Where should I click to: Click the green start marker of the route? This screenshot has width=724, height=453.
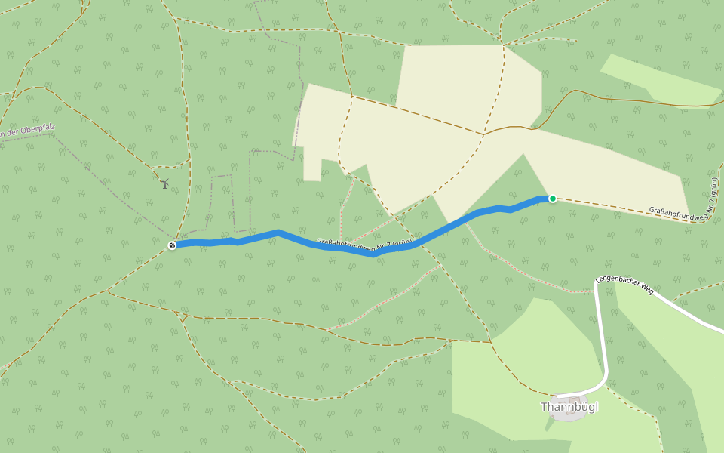tap(552, 199)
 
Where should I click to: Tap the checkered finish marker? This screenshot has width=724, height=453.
tap(172, 245)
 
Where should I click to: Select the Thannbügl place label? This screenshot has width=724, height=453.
tap(569, 407)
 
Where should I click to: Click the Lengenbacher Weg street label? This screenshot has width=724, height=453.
tap(624, 284)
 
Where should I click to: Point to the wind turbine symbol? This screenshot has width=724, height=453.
tap(164, 183)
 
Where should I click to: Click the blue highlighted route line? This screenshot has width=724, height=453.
tap(452, 226)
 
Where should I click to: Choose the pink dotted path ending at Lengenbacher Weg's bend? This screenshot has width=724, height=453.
tap(528, 276)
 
